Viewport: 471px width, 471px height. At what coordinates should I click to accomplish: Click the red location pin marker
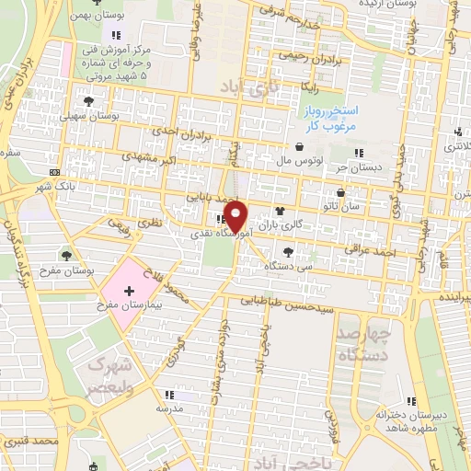pyautogui.click(x=237, y=215)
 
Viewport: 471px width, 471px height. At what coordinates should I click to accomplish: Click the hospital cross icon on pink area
pyautogui.click(x=141, y=290)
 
